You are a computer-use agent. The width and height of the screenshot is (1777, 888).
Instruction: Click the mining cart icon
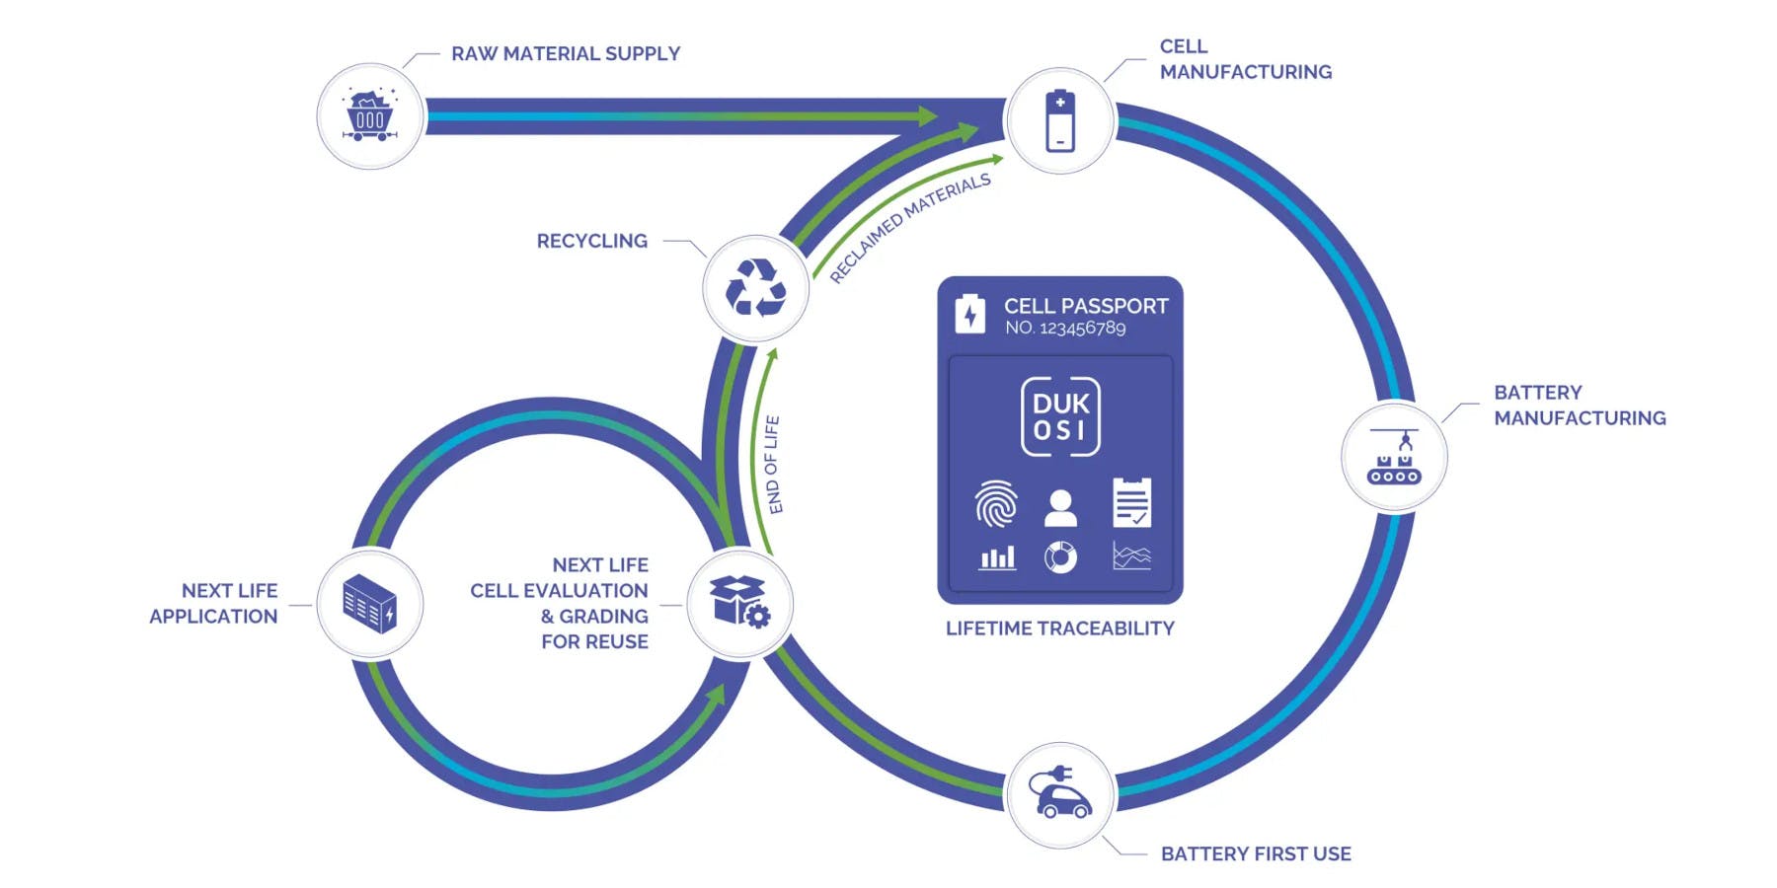pyautogui.click(x=370, y=116)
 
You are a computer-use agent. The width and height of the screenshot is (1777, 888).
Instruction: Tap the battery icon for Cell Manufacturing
pyautogui.click(x=1059, y=120)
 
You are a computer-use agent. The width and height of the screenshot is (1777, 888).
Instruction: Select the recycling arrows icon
pyautogui.click(x=755, y=288)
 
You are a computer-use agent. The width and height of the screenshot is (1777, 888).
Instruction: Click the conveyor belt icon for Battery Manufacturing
pyautogui.click(x=1394, y=457)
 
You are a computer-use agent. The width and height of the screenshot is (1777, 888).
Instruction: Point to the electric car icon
pyautogui.click(x=1060, y=793)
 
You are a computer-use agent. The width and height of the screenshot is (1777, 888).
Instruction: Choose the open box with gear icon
pyautogui.click(x=739, y=603)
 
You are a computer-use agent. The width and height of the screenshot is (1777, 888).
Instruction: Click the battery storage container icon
pyautogui.click(x=370, y=604)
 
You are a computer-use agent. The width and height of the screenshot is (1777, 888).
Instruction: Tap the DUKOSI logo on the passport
pyautogui.click(x=1060, y=416)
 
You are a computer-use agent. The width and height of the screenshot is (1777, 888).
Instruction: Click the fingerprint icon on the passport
pyautogui.click(x=996, y=504)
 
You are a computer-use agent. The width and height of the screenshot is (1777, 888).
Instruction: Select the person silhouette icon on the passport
pyautogui.click(x=1060, y=507)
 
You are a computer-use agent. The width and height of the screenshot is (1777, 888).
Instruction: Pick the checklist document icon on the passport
pyautogui.click(x=1131, y=502)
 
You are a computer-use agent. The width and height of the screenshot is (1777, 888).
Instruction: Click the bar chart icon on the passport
pyautogui.click(x=997, y=558)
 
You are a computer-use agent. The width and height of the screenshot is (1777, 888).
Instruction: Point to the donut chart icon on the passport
pyautogui.click(x=1060, y=557)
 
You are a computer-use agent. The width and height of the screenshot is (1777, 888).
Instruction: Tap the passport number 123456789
pyautogui.click(x=1082, y=329)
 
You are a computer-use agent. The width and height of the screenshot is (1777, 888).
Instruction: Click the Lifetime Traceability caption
pyautogui.click(x=1059, y=629)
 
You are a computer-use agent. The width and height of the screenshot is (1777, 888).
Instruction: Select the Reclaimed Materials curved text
pyautogui.click(x=910, y=228)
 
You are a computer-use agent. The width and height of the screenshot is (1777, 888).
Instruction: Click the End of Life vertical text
pyautogui.click(x=774, y=464)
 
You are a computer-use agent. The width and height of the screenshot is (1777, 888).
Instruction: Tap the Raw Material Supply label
pyautogui.click(x=566, y=53)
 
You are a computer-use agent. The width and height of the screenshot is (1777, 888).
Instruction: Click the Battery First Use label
pyautogui.click(x=1256, y=853)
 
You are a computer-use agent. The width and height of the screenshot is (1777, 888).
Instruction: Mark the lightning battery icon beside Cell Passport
pyautogui.click(x=969, y=315)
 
